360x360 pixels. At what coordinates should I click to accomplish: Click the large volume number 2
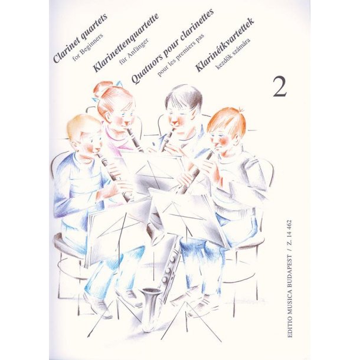tap(280, 87)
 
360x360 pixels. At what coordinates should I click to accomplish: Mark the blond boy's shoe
tap(96, 305)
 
